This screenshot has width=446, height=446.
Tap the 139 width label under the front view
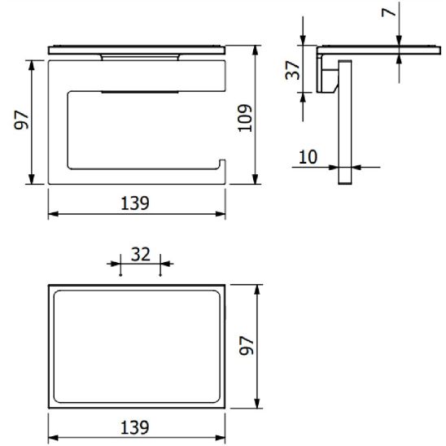(135, 203)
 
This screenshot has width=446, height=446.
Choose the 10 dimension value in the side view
(308, 157)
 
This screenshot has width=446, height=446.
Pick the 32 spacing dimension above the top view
(140, 253)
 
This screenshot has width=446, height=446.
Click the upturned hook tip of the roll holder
(221, 166)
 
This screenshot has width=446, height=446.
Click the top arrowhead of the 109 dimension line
(257, 50)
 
